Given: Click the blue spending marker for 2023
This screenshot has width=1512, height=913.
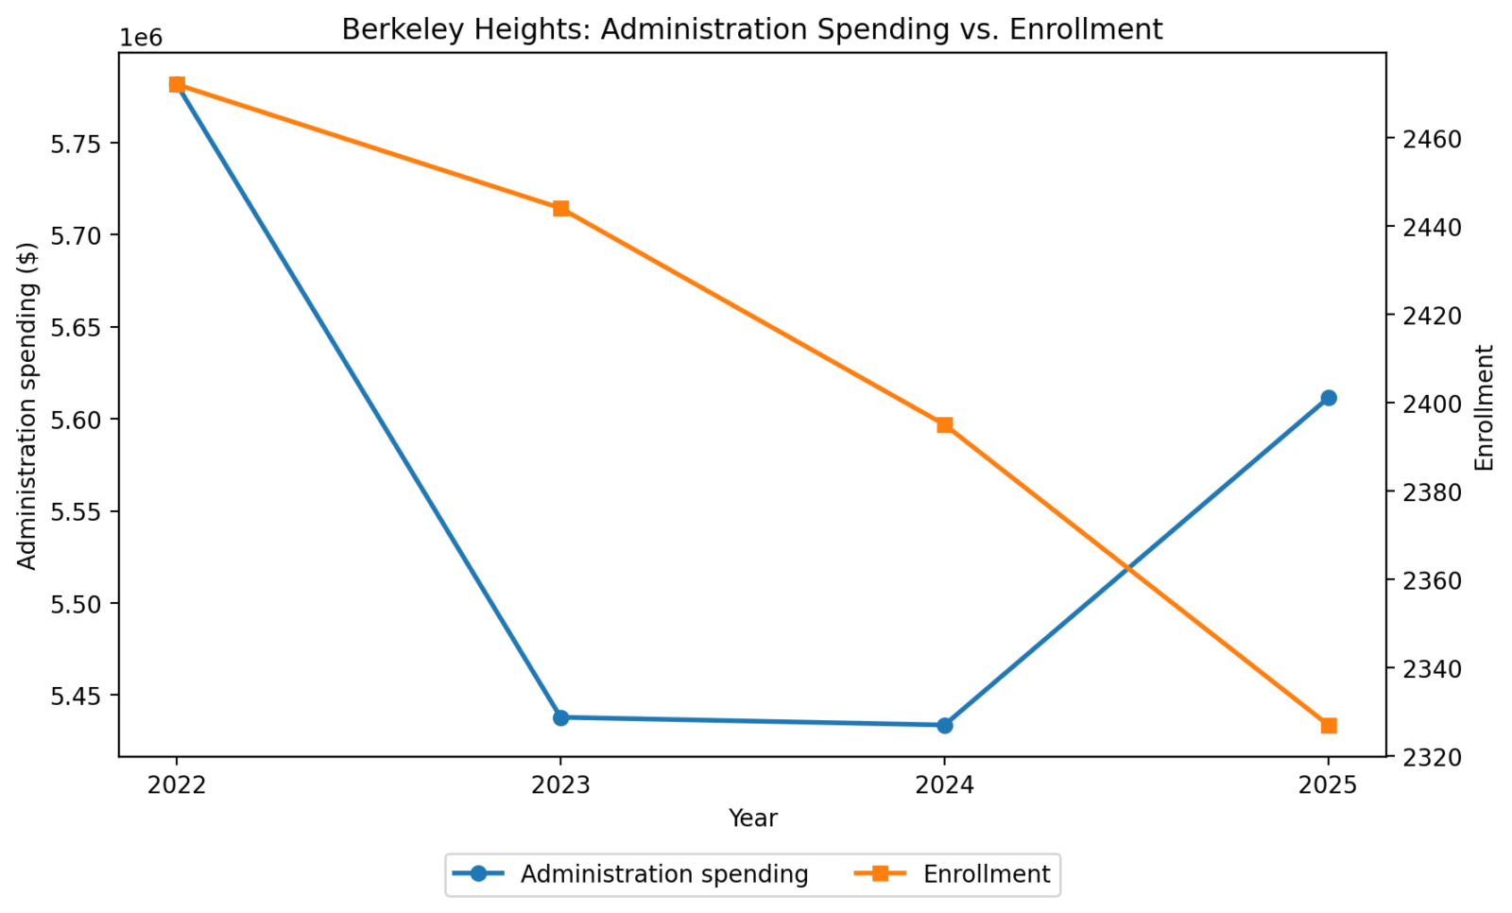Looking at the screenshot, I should pos(560,717).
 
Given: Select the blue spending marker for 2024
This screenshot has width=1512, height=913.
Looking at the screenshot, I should pos(944,725).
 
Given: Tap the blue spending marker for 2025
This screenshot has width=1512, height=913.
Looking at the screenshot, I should pos(1328,398).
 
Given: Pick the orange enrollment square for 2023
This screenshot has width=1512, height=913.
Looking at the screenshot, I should pos(560,208).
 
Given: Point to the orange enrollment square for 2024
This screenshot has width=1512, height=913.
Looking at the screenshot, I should pos(944,424).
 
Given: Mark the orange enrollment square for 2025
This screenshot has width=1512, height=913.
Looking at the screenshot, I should pos(1328,725).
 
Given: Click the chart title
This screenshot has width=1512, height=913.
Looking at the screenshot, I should pos(751,29).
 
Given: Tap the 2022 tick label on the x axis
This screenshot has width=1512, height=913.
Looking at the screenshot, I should pos(177,785).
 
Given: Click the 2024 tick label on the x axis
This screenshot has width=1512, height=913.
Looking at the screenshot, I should pos(944,785).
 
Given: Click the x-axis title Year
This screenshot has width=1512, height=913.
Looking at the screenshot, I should pos(752,818).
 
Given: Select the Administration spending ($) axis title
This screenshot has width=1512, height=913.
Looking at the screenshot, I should pos(27,406).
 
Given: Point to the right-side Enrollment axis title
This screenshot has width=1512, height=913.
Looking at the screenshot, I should pos(1485,407).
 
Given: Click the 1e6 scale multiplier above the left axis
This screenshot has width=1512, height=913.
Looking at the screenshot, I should pos(142,39).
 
